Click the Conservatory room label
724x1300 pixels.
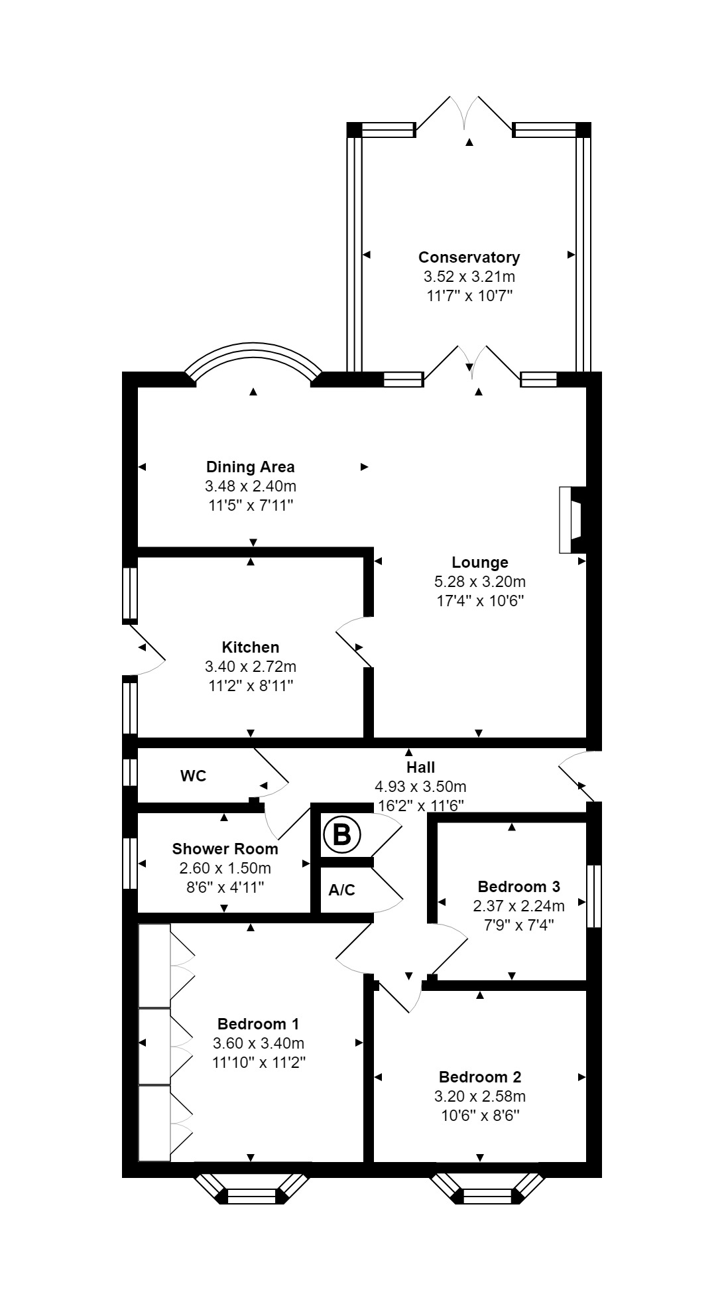tap(469, 257)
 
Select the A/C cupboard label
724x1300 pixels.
tap(341, 890)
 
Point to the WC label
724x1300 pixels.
tap(193, 776)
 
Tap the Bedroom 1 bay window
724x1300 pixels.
tap(251, 1196)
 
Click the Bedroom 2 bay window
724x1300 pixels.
tap(487, 1196)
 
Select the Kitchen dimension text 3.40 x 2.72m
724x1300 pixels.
tap(251, 666)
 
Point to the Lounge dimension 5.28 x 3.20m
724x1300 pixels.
tap(479, 582)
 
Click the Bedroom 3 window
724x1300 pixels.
tap(594, 895)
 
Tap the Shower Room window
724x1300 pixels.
tap(130, 863)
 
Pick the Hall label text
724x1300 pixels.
tap(420, 767)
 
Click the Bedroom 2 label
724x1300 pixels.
tap(479, 1077)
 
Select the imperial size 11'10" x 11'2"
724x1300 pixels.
tap(258, 1062)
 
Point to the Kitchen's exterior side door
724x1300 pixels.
tap(147, 651)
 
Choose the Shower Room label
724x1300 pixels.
tap(225, 848)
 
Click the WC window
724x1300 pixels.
tap(130, 772)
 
